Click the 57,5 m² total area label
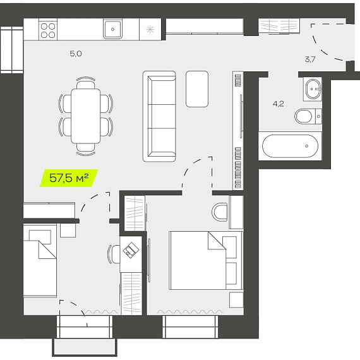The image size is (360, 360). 69,178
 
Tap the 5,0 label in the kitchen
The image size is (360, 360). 76,54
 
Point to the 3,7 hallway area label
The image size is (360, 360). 310,59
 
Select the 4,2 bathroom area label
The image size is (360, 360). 279,104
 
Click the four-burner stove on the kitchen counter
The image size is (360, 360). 48,30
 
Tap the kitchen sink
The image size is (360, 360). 112,29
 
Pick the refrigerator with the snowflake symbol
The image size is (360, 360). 150,30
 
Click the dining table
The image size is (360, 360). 86,116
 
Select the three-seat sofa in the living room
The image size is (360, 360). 159,116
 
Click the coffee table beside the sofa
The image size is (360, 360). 197,89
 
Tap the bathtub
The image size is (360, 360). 290,146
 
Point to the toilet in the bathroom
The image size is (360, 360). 308,116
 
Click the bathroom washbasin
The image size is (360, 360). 313,89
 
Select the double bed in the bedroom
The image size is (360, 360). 206,260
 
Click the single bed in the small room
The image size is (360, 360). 40,261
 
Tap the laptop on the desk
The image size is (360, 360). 131,250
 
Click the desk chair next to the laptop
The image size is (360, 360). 114,254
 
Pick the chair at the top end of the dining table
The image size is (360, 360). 86,83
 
